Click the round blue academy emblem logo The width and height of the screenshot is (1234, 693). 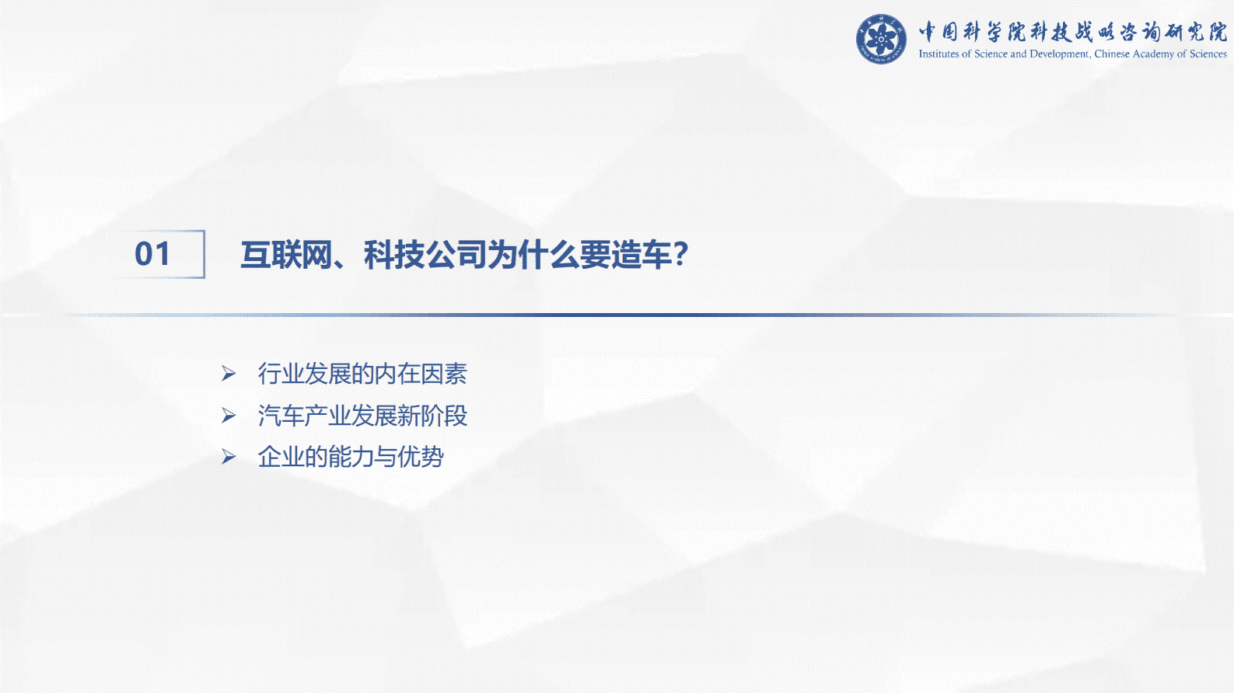pos(881,39)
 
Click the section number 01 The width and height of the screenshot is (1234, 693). pos(152,254)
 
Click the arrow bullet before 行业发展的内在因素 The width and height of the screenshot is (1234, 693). pos(229,374)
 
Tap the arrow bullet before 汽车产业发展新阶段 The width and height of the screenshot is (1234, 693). pos(229,416)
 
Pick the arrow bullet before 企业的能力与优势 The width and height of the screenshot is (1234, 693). pos(229,457)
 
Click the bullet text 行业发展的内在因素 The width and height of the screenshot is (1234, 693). pos(362,374)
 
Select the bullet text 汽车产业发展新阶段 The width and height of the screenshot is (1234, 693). pos(362,416)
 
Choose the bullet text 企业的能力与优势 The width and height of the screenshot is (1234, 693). pos(351,457)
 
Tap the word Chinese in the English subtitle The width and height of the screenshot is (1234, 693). pos(1112,54)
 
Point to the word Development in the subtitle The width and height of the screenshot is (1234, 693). pos(1059,54)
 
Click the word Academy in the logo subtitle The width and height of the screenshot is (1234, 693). pos(1153,54)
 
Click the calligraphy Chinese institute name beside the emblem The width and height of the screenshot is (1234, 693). pos(1072,32)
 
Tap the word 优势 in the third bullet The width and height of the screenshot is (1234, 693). pos(421,457)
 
